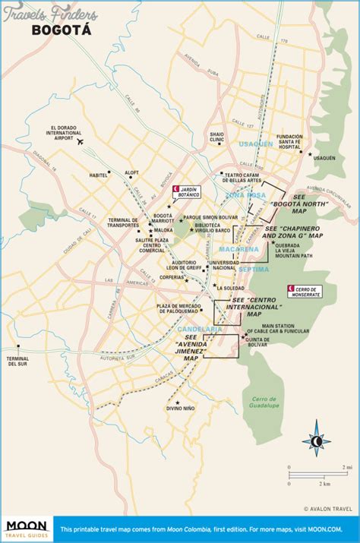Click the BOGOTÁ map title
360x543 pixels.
(x=61, y=30)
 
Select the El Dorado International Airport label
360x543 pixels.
(x=63, y=134)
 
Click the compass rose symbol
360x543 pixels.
(x=314, y=442)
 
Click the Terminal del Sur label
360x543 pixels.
(x=17, y=361)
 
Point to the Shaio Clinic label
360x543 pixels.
(x=218, y=137)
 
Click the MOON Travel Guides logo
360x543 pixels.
(x=27, y=529)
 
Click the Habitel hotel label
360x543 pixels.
(x=98, y=175)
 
